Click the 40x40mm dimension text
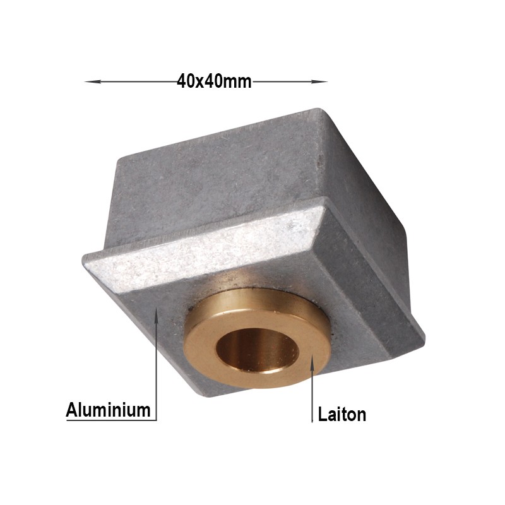tap(214, 81)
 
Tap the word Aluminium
tap(108, 410)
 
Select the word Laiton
tap(342, 414)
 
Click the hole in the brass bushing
tap(258, 350)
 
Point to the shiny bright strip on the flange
tap(203, 248)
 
